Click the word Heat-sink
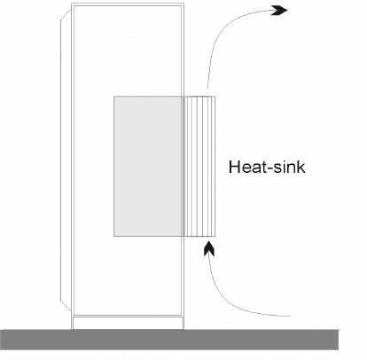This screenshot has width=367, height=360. (267, 167)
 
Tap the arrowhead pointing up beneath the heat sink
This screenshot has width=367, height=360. (209, 249)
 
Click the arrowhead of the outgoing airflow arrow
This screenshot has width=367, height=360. (278, 11)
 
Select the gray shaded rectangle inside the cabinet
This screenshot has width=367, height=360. (148, 166)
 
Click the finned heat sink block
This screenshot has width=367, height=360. (199, 166)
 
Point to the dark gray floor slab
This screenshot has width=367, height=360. (169, 340)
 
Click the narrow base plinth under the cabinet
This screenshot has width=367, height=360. (128, 323)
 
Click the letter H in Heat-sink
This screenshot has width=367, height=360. (234, 167)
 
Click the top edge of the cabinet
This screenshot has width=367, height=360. (128, 4)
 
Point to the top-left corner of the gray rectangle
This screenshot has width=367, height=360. (113, 96)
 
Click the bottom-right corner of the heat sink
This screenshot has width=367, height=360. (215, 237)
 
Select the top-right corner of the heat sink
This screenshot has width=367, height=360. (215, 97)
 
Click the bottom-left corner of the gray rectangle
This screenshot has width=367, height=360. (113, 237)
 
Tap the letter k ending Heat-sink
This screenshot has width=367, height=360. (301, 167)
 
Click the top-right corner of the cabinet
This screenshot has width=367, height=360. (183, 4)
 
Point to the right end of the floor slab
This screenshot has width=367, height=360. (339, 340)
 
